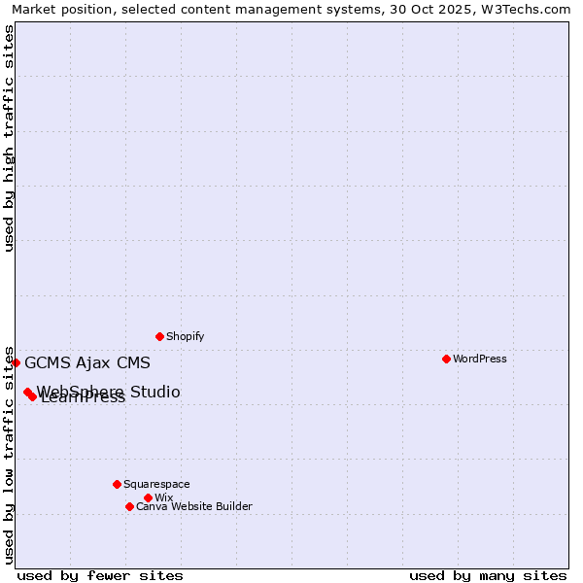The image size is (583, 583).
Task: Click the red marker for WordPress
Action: (x=446, y=359)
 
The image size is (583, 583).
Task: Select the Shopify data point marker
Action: (x=159, y=336)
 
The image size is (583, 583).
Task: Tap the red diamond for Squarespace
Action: (x=117, y=484)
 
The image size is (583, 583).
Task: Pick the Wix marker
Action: (x=148, y=497)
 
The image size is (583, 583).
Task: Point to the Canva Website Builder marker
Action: (x=129, y=506)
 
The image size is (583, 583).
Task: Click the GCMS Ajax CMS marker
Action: (x=16, y=362)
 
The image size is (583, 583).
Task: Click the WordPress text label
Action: (x=479, y=359)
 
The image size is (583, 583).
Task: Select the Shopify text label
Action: (x=185, y=336)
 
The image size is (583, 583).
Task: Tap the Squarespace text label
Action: (x=156, y=484)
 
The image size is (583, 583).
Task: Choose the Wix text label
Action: (x=163, y=497)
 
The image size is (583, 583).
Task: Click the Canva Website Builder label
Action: (x=193, y=506)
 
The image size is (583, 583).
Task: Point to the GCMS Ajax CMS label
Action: (x=87, y=363)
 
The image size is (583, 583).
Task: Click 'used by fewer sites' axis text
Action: (x=100, y=575)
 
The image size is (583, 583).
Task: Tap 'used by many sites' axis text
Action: (x=488, y=575)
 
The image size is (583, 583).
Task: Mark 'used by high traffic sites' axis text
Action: (x=9, y=138)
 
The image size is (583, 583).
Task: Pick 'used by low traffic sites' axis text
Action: (x=9, y=454)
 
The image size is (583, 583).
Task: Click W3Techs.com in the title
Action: (x=530, y=9)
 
